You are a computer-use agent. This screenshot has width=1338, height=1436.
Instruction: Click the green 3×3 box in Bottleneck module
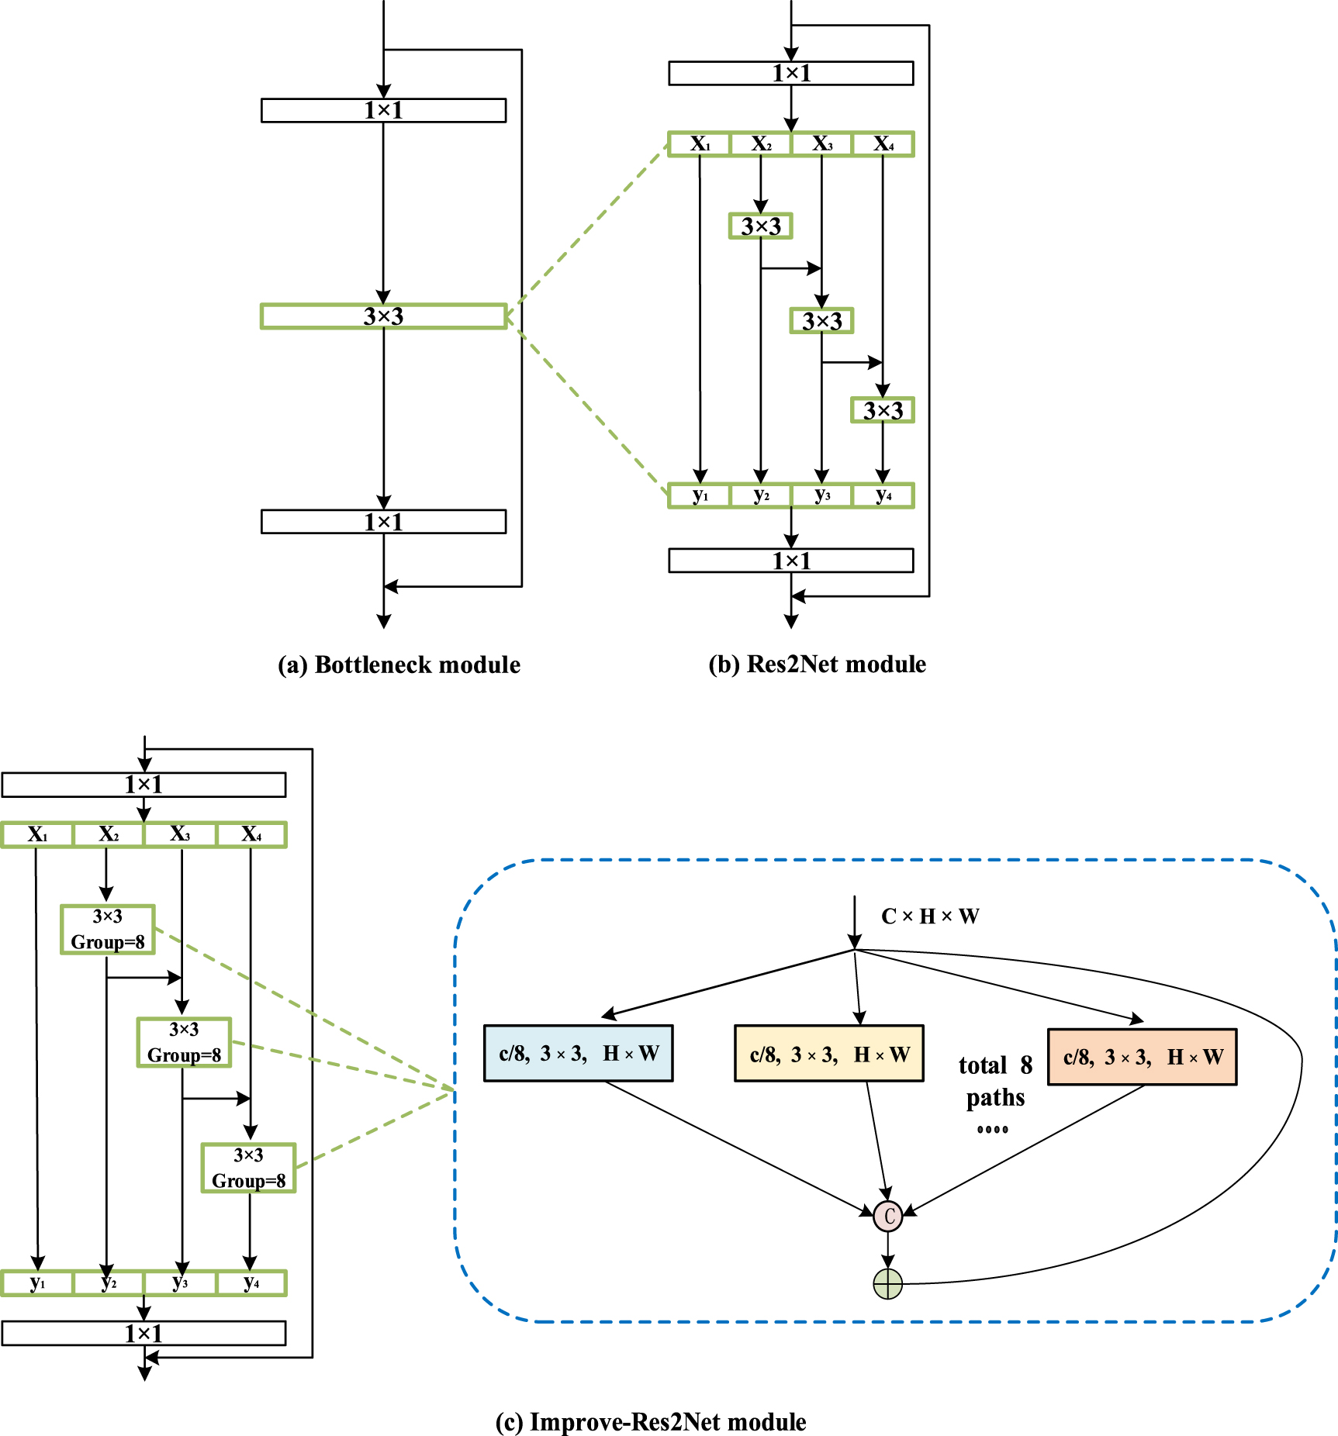[383, 316]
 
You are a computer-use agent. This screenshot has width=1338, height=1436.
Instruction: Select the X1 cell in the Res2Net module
[700, 144]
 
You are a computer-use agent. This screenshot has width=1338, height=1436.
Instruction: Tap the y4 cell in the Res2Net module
[883, 495]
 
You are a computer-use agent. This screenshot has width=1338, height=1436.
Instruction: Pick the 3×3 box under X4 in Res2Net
[883, 410]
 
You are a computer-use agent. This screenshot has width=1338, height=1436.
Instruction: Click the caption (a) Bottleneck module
[399, 665]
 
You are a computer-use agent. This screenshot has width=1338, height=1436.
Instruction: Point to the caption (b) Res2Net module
[817, 664]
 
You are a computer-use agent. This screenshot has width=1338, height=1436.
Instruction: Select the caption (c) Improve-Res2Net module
[650, 1422]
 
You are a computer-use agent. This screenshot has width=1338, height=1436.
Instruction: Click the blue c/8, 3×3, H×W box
[578, 1053]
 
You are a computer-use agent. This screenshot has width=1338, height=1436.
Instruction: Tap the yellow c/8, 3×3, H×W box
[828, 1054]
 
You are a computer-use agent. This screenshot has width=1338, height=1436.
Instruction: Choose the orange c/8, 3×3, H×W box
[1142, 1057]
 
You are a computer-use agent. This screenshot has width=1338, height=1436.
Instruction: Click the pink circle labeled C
[888, 1216]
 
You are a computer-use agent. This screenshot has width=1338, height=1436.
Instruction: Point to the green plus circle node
[887, 1284]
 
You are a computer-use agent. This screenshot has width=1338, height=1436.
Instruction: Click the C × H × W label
[929, 916]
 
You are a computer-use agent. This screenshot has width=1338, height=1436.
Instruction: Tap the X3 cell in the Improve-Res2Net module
[180, 835]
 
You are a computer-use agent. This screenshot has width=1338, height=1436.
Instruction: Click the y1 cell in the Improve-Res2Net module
[37, 1283]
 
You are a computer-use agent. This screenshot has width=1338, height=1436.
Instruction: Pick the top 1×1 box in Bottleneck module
[383, 110]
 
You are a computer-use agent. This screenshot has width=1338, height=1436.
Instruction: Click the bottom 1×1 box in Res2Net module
[790, 561]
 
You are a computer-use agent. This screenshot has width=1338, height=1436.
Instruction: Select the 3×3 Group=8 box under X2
[108, 929]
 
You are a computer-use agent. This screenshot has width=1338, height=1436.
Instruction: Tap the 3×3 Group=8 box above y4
[248, 1168]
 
